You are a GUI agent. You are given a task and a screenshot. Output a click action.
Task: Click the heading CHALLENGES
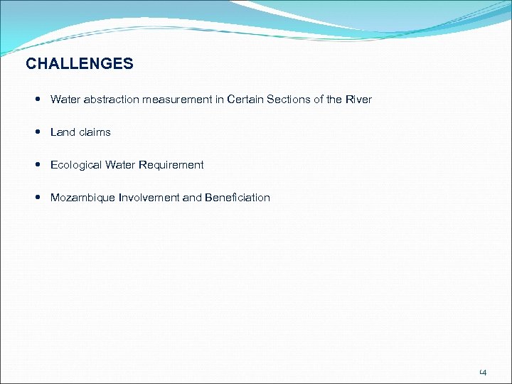coord(79,64)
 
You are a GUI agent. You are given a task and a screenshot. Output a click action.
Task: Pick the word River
coord(358,100)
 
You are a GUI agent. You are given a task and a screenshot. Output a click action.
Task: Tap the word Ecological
coord(76,165)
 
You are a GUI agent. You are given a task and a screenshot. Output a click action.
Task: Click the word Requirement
coord(171,165)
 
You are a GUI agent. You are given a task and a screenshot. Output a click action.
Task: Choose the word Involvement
coord(149,198)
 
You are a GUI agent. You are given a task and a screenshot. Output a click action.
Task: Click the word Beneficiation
coord(238,198)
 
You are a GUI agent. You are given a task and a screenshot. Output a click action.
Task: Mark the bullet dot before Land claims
coord(36,132)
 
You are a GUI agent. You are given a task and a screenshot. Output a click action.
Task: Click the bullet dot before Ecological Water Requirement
coord(36,165)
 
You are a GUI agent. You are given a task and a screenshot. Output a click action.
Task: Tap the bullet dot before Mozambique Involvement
coord(36,198)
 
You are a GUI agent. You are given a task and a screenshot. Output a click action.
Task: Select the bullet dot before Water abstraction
coord(36,100)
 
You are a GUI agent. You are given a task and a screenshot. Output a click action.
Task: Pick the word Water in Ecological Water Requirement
coord(120,165)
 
